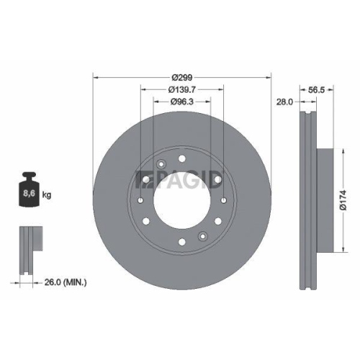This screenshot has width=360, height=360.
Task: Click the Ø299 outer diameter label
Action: (181, 74)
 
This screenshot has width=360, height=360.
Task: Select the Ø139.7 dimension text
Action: (181, 89)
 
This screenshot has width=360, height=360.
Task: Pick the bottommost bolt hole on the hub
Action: (181, 240)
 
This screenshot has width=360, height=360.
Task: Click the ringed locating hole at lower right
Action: (203, 234)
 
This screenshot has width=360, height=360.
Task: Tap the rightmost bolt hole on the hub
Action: (225, 200)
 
